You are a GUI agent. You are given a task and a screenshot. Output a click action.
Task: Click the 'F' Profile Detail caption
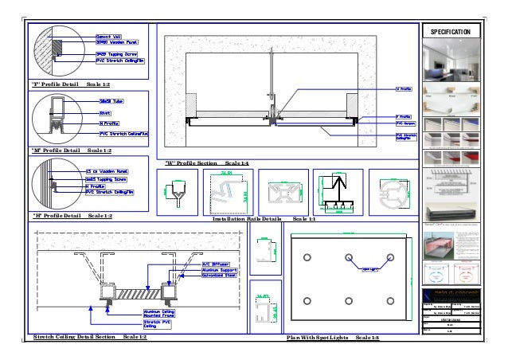(71, 84)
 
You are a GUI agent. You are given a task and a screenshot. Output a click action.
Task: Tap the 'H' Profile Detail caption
(71, 215)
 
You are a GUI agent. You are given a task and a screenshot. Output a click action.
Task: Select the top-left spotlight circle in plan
(307, 257)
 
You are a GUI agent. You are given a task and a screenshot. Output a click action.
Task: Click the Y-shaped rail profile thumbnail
(178, 191)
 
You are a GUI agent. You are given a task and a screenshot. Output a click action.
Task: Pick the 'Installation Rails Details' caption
(260, 217)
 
